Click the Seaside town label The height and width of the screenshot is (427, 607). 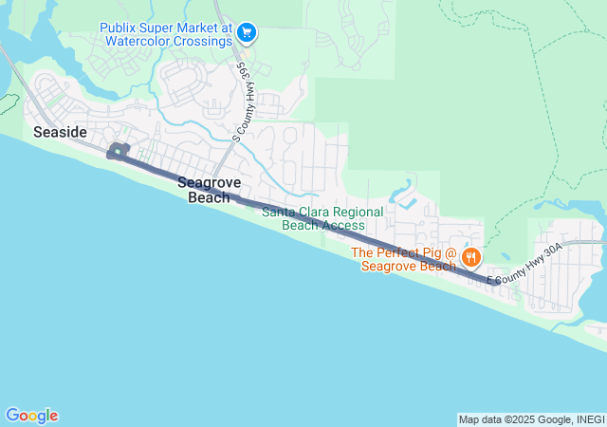pyautogui.click(x=60, y=132)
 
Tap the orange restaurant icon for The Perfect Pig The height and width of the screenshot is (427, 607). pyautogui.click(x=471, y=257)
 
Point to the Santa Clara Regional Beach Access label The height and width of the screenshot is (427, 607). pyautogui.click(x=322, y=218)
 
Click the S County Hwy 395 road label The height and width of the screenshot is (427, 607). pyautogui.click(x=242, y=105)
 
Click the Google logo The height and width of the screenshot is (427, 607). pyautogui.click(x=31, y=416)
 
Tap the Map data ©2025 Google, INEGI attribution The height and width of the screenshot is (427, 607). pyautogui.click(x=531, y=419)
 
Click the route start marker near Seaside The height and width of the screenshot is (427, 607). pyautogui.click(x=118, y=151)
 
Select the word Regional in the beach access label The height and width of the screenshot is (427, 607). pyautogui.click(x=359, y=212)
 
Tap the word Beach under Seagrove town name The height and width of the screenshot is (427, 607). pyautogui.click(x=209, y=197)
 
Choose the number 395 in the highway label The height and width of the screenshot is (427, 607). pyautogui.click(x=244, y=76)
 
